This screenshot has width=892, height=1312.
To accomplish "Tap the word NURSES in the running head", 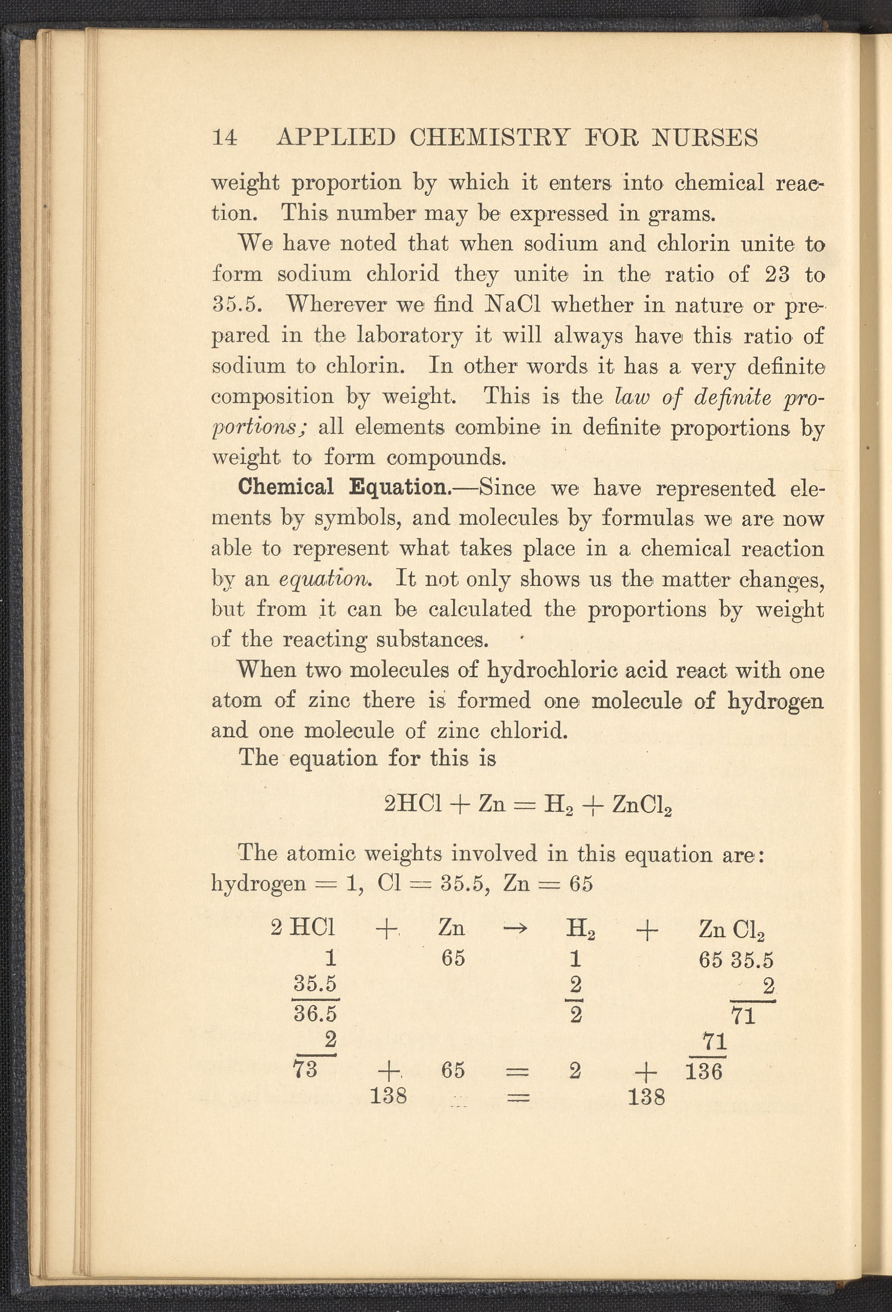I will (x=705, y=138).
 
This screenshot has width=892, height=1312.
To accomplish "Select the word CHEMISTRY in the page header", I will (x=489, y=138).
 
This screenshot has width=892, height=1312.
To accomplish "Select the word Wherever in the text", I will (x=337, y=305).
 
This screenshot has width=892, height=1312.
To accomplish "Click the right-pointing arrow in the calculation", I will (x=514, y=929).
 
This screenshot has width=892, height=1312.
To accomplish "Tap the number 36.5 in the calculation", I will (x=315, y=1015).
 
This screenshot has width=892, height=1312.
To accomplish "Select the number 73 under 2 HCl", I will (x=305, y=1069).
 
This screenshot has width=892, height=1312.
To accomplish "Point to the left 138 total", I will (x=389, y=1096).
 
